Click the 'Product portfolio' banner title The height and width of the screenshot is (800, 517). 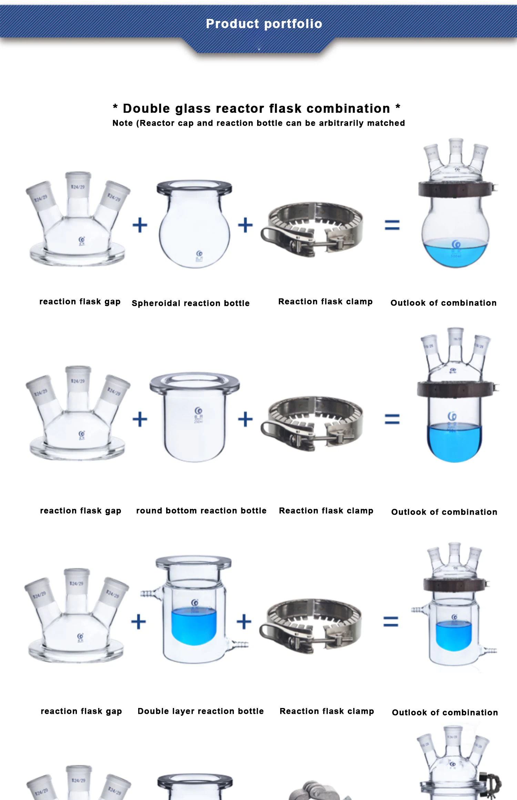(264, 24)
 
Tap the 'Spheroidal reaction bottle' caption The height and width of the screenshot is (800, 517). (190, 303)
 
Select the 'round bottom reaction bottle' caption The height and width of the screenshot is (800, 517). (201, 511)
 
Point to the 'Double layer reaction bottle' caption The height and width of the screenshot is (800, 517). (201, 711)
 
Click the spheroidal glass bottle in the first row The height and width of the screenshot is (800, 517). (194, 227)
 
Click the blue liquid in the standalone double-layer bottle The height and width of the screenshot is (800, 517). (194, 625)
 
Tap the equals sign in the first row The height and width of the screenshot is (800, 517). (392, 225)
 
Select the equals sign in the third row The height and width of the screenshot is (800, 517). (391, 622)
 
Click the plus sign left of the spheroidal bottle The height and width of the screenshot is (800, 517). (140, 225)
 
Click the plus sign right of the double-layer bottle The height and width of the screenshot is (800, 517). (244, 622)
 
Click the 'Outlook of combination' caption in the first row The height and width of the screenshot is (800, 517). (443, 303)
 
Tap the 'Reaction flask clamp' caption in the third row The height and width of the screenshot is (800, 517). (326, 711)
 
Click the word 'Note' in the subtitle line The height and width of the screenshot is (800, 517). (122, 123)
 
